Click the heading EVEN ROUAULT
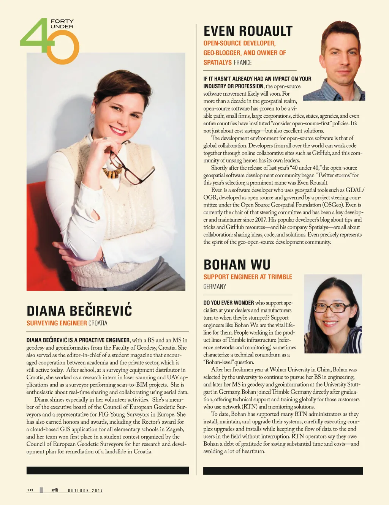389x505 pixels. pos(248,31)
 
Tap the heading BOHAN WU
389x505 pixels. pos(237,265)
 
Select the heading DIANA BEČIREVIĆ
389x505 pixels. pos(79,311)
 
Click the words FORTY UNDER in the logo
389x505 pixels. pos(62,24)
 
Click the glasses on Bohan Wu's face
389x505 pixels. pos(332,307)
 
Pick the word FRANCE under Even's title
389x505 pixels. pos(243,63)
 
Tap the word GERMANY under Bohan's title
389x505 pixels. pos(215,287)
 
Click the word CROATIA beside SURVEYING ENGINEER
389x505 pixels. pos(98,323)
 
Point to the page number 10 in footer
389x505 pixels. pos(30,490)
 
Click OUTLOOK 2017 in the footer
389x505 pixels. pos(85,491)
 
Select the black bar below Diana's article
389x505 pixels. pos(108,470)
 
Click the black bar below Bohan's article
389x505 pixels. pos(283,471)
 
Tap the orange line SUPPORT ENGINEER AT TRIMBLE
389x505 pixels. pos(248,277)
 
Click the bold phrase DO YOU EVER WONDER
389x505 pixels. pos(229,303)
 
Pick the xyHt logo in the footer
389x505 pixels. pos(55,490)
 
